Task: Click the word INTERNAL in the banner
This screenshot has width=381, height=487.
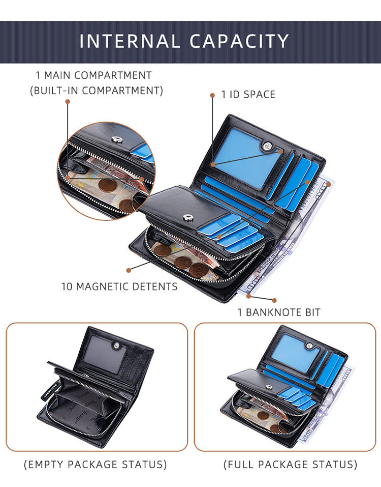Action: [x=130, y=41]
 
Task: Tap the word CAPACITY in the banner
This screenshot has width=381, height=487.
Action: [x=239, y=41]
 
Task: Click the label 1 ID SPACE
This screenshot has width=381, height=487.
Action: [x=248, y=95]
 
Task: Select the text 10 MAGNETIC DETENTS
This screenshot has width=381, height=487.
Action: [x=119, y=287]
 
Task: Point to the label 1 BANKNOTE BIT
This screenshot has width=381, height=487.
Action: [x=279, y=312]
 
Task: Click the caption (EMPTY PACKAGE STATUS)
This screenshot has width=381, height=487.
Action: [x=96, y=464]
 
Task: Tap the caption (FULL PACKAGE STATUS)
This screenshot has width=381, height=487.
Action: [x=291, y=464]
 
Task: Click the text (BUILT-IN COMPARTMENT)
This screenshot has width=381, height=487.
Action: [x=97, y=91]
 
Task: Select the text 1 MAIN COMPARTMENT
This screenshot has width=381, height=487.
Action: [x=93, y=75]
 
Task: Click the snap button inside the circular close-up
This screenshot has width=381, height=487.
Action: [x=117, y=140]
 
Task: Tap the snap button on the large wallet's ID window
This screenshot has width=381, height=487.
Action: [x=267, y=146]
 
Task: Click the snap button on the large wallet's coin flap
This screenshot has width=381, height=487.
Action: [x=188, y=217]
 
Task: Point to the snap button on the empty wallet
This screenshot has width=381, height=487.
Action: [x=117, y=345]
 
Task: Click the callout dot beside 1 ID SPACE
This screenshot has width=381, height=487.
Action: [x=212, y=95]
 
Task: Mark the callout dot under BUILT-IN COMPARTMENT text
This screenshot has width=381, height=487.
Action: [x=68, y=102]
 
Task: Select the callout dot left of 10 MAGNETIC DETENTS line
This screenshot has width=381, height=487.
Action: [x=129, y=270]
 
